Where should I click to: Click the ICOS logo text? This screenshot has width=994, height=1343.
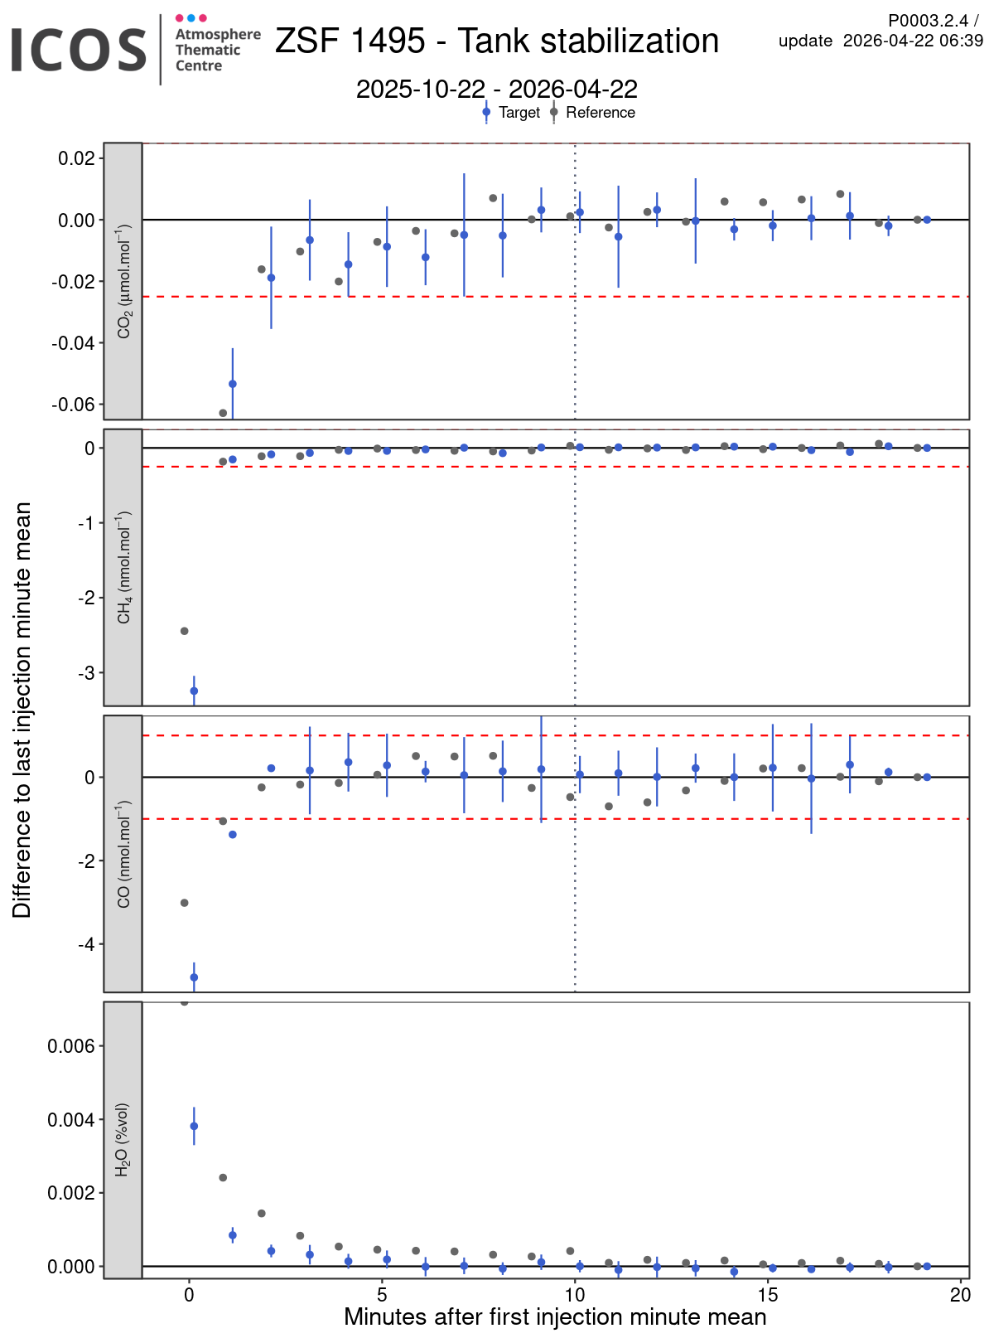coord(79,50)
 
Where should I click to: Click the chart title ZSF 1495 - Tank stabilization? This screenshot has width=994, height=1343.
coord(496,41)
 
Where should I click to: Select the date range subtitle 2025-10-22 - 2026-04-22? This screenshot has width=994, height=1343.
coord(496,89)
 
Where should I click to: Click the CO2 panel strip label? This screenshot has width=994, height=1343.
coord(123,281)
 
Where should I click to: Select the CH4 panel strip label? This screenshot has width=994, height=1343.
coord(123,567)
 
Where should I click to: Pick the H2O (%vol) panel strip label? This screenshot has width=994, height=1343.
coord(123,1139)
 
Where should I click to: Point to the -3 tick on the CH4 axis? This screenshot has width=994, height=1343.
coord(87,672)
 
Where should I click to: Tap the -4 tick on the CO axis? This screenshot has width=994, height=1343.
coord(87,944)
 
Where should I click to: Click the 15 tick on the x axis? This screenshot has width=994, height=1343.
coord(767,1294)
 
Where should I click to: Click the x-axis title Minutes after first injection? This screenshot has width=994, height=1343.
coord(555,1317)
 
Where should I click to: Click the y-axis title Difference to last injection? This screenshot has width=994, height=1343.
coord(22,710)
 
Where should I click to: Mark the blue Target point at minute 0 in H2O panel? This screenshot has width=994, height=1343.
coord(194,1126)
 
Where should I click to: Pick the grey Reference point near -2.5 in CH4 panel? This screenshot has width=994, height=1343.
coord(185,631)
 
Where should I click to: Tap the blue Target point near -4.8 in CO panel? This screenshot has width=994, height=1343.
coord(194,977)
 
